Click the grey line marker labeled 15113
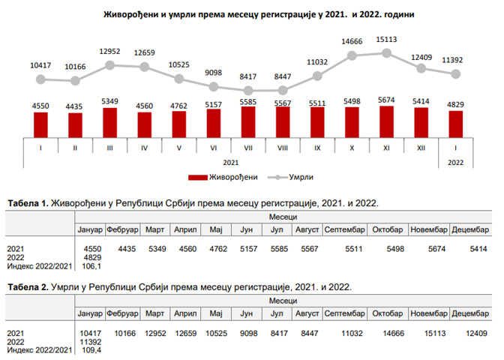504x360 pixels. tap(387, 52)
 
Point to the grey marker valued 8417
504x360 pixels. tap(248, 90)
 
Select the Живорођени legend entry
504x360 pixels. tap(225, 177)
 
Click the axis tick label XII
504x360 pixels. tap(421, 148)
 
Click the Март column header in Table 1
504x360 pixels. tap(156, 229)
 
